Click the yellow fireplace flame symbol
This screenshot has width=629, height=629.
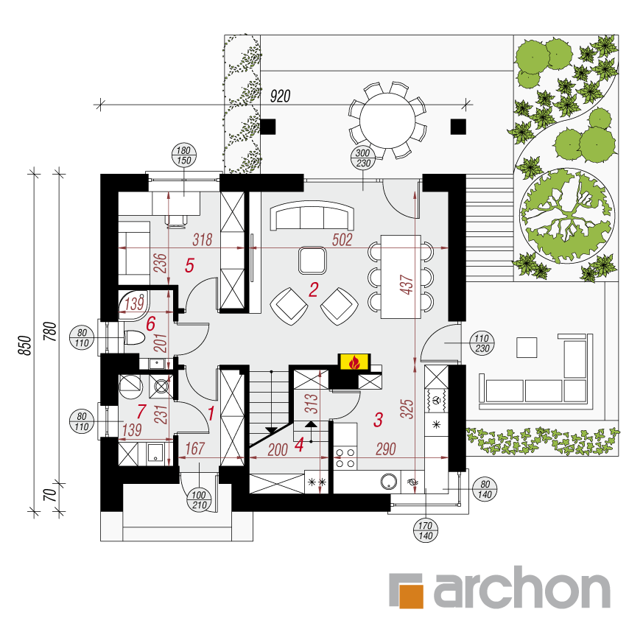tap(354, 362)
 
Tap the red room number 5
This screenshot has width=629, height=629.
tap(189, 266)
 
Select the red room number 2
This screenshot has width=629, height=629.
tap(313, 289)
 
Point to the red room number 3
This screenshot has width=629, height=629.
tap(379, 420)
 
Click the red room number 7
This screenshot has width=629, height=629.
tap(141, 412)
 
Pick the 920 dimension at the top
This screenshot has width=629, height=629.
tap(280, 96)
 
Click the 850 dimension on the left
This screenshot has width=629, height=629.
tap(24, 345)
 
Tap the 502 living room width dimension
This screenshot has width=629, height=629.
tap(342, 240)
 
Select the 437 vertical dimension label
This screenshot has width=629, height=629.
tap(407, 285)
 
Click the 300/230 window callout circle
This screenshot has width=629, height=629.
tap(363, 158)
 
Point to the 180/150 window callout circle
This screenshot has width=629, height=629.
tap(183, 155)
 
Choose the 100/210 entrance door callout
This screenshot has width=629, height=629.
tap(199, 500)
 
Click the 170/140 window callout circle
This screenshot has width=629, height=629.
tap(425, 531)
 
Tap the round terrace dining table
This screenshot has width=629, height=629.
tap(387, 121)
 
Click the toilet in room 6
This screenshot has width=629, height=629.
tap(134, 338)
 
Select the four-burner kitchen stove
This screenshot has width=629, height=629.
tap(345, 458)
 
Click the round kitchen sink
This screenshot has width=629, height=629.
tap(389, 482)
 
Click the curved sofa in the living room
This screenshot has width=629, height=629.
tap(312, 215)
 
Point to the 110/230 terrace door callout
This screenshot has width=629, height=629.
tap(482, 344)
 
